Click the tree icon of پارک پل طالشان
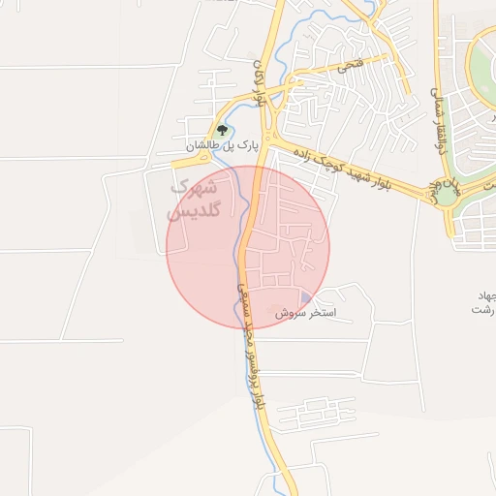223,129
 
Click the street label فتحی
346,67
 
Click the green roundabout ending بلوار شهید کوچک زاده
447,194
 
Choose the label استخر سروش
305,314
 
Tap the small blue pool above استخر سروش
306,298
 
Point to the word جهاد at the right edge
483,294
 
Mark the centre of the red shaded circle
248,248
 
